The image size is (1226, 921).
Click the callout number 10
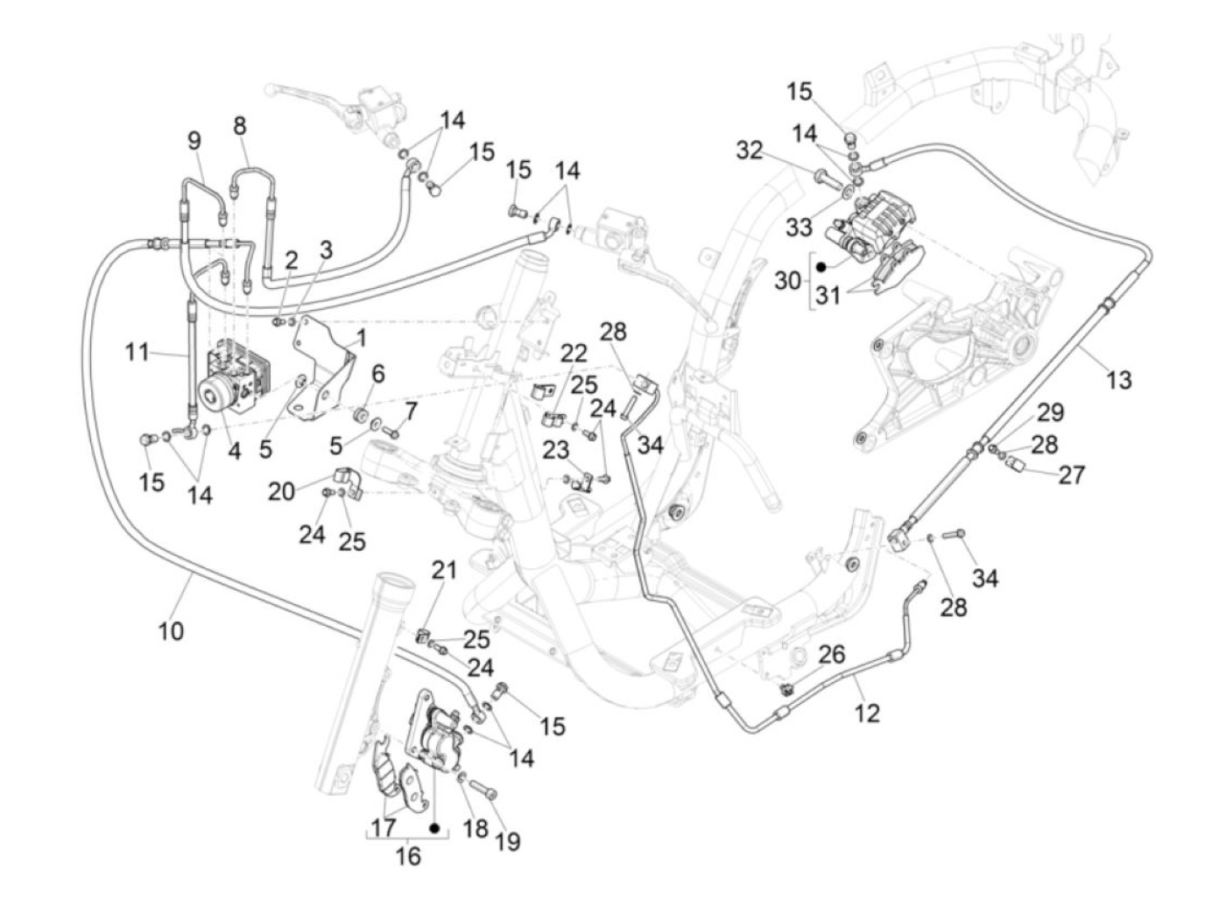(x=171, y=632)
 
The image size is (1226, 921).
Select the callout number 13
(x=1118, y=380)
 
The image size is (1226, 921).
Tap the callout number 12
(x=867, y=713)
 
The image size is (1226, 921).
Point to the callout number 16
(x=408, y=856)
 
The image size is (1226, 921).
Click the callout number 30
(x=787, y=281)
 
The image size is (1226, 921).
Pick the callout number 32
(x=749, y=151)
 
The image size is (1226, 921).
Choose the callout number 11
(x=137, y=352)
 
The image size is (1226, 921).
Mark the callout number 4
(x=235, y=451)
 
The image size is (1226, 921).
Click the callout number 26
(x=832, y=655)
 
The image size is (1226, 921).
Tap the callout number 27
(x=1071, y=475)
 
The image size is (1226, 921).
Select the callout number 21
(x=444, y=570)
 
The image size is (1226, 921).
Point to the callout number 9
(x=194, y=141)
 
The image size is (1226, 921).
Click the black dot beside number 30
(x=821, y=267)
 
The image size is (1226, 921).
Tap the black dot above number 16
(x=435, y=829)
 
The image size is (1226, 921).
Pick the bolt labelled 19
(x=483, y=789)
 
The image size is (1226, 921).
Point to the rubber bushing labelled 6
(x=362, y=415)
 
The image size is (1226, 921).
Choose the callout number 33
(x=800, y=227)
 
